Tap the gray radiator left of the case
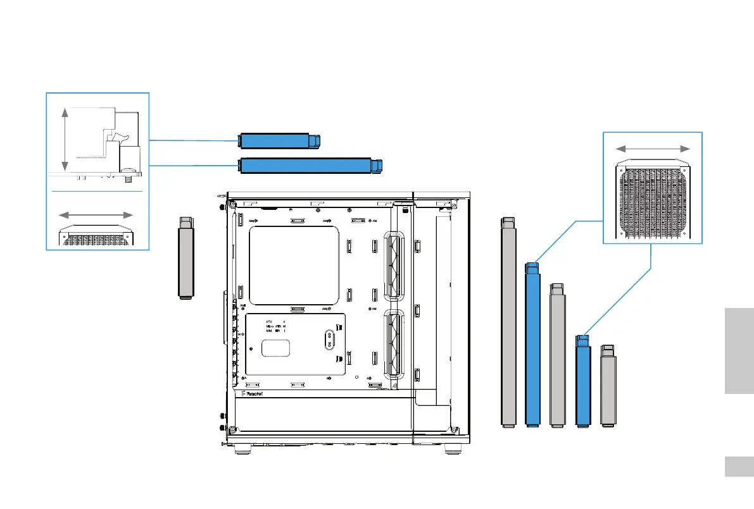click(x=185, y=259)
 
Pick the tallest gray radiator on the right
click(x=507, y=322)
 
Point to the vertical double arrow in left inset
click(x=64, y=139)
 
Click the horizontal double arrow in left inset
click(x=96, y=214)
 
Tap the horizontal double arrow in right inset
click(x=653, y=148)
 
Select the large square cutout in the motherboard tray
click(x=294, y=266)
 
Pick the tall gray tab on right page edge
click(x=738, y=351)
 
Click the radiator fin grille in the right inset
click(x=652, y=202)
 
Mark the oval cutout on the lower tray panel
click(x=329, y=340)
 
